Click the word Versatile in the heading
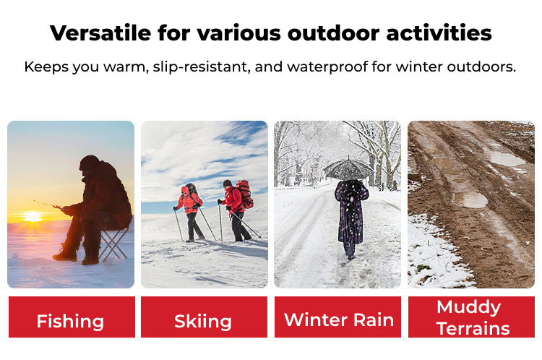coord(100,33)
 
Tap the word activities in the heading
coord(439,33)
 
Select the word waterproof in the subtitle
coord(327,67)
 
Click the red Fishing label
coord(72,317)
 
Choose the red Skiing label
coord(204,317)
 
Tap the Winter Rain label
coord(337,317)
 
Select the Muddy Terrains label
coord(471,317)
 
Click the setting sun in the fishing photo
coord(33,216)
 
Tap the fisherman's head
coord(89,163)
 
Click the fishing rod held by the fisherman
coord(48,204)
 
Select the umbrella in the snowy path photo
coord(348,168)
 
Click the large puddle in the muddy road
coord(470,200)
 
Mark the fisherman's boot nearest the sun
coord(64,256)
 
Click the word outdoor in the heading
coord(333,33)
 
